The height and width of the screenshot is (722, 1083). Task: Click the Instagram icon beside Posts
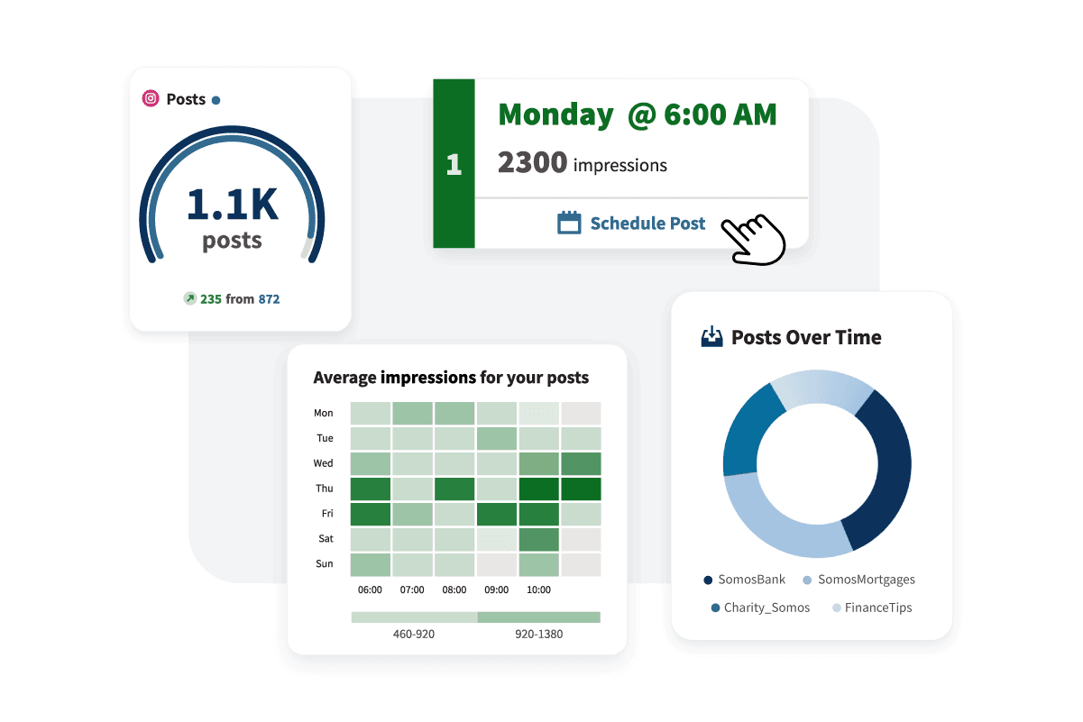pyautogui.click(x=151, y=99)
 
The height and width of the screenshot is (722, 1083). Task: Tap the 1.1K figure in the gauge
pyautogui.click(x=232, y=204)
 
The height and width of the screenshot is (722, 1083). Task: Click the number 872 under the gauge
pyautogui.click(x=269, y=298)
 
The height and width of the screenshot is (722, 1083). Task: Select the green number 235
pyautogui.click(x=211, y=298)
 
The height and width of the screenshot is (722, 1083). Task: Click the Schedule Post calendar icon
pyautogui.click(x=569, y=223)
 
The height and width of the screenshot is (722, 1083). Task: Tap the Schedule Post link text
pyautogui.click(x=647, y=223)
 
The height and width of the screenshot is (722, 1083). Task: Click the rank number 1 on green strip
pyautogui.click(x=454, y=164)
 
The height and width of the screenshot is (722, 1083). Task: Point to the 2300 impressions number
pyautogui.click(x=532, y=163)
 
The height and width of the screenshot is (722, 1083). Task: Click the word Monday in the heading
pyautogui.click(x=555, y=114)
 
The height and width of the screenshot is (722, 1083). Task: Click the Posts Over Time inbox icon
pyautogui.click(x=711, y=337)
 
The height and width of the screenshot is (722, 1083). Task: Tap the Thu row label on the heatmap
pyautogui.click(x=323, y=489)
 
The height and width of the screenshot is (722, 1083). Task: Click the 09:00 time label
pyautogui.click(x=497, y=589)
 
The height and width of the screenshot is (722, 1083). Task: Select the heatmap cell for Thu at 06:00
pyautogui.click(x=370, y=489)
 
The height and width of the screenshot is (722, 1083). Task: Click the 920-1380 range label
pyautogui.click(x=538, y=634)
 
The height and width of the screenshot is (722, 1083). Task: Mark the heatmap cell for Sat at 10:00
pyautogui.click(x=538, y=539)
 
